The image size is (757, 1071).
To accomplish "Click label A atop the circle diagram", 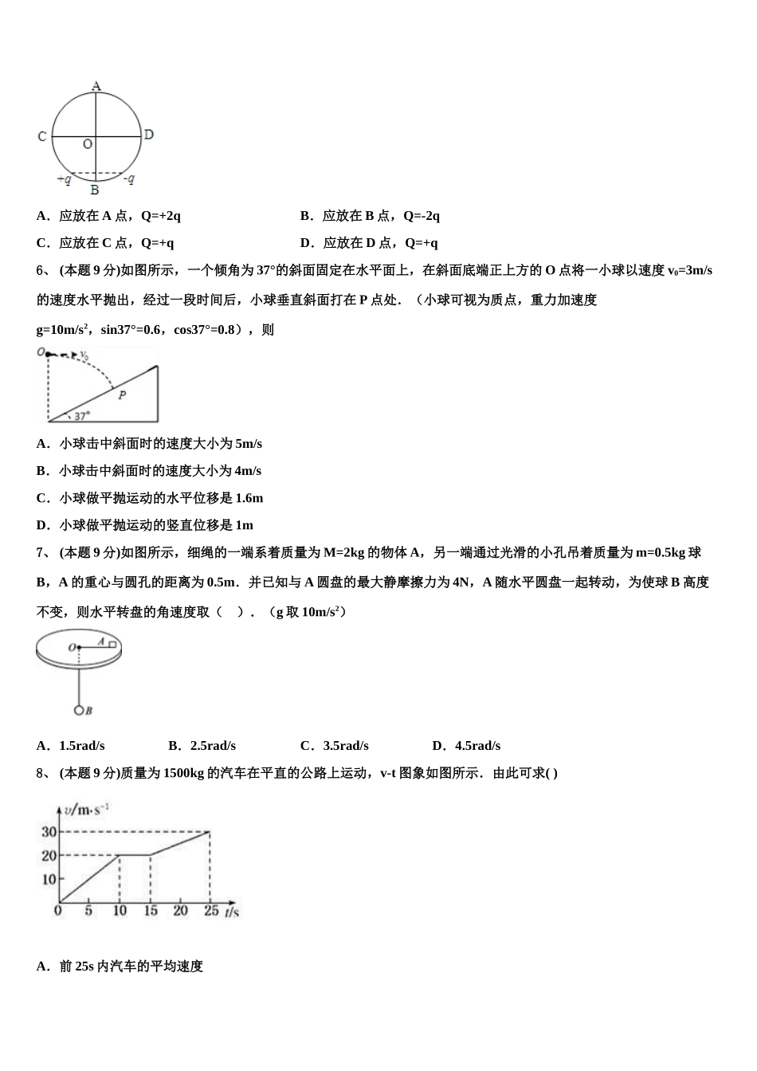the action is (96, 85).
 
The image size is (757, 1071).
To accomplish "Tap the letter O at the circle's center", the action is (88, 144).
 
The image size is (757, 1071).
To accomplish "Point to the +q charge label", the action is (64, 179).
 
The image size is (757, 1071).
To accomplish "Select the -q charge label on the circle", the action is (128, 179).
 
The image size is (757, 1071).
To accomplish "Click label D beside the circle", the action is (148, 135).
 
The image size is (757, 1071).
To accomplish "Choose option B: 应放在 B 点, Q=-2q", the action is (370, 216).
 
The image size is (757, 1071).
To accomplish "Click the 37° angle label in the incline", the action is (82, 414).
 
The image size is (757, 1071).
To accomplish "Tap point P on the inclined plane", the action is (122, 394).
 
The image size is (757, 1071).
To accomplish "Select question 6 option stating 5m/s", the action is (149, 444).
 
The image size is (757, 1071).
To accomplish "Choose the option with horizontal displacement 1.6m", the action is (150, 498).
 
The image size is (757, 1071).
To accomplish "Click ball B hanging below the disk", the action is (79, 709).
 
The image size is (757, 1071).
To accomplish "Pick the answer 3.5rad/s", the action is (334, 746).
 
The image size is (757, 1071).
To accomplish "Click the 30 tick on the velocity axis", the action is (49, 832).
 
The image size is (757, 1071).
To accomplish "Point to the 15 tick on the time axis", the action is (151, 911).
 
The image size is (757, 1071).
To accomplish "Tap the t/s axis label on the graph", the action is (231, 912).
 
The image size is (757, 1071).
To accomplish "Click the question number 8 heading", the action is (44, 773).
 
